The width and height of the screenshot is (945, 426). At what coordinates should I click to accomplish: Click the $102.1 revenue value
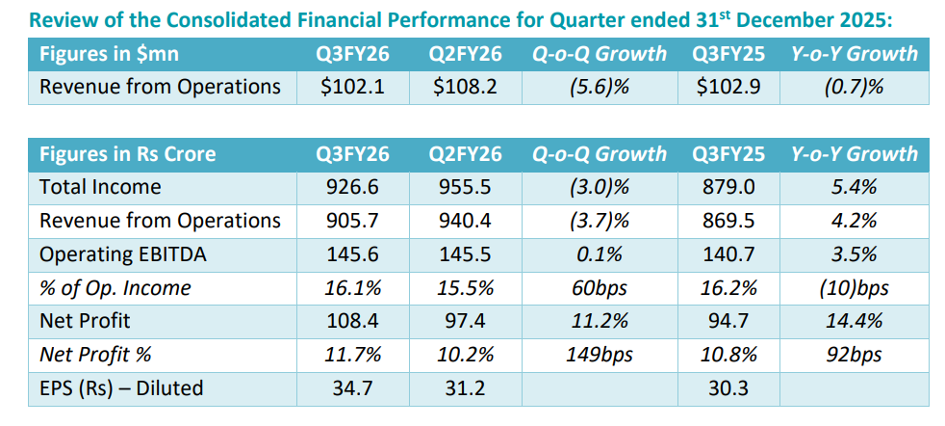pyautogui.click(x=353, y=87)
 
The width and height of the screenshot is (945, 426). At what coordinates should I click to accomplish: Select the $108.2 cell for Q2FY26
pyautogui.click(x=465, y=87)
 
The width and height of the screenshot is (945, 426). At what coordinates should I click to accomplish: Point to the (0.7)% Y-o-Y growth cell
pyautogui.click(x=854, y=87)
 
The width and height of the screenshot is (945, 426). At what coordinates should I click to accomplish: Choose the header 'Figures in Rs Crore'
pyautogui.click(x=127, y=154)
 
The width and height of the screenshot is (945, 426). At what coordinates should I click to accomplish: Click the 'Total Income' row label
pyautogui.click(x=100, y=187)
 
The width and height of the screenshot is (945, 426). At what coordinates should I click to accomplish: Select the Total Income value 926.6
pyautogui.click(x=353, y=187)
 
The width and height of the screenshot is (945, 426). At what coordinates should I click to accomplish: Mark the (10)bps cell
pyautogui.click(x=854, y=288)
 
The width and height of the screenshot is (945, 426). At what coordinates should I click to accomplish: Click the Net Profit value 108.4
pyautogui.click(x=353, y=321)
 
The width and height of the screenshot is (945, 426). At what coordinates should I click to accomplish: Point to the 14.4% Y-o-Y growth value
pyautogui.click(x=854, y=321)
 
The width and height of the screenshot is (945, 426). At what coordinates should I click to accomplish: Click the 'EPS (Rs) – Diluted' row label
pyautogui.click(x=121, y=388)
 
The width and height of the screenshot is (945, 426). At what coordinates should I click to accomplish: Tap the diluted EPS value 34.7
pyautogui.click(x=353, y=388)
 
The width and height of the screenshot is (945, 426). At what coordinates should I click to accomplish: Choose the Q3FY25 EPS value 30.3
pyautogui.click(x=728, y=388)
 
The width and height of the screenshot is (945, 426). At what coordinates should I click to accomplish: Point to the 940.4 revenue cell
pyautogui.click(x=465, y=221)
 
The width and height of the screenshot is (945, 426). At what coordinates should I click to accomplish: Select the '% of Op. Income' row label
pyautogui.click(x=115, y=288)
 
